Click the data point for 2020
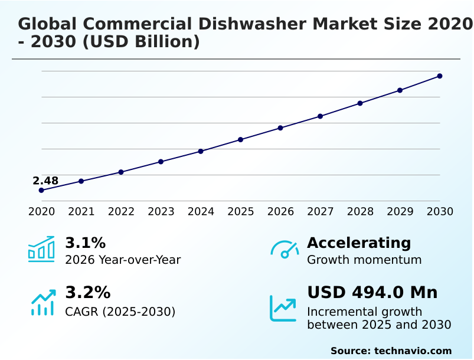(41, 191)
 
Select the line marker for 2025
(241, 140)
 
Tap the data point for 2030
(440, 76)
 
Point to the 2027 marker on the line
(321, 116)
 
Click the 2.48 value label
(45, 181)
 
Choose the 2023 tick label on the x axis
(161, 212)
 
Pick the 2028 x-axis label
(360, 212)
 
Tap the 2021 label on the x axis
(81, 212)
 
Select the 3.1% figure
(85, 243)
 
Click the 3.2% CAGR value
(87, 293)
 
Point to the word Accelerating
(359, 243)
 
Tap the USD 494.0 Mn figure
(372, 293)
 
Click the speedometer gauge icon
(285, 250)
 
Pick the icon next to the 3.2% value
(43, 302)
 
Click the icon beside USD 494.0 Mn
(283, 308)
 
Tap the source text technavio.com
(413, 351)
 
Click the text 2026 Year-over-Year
(123, 260)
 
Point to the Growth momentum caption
(364, 260)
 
